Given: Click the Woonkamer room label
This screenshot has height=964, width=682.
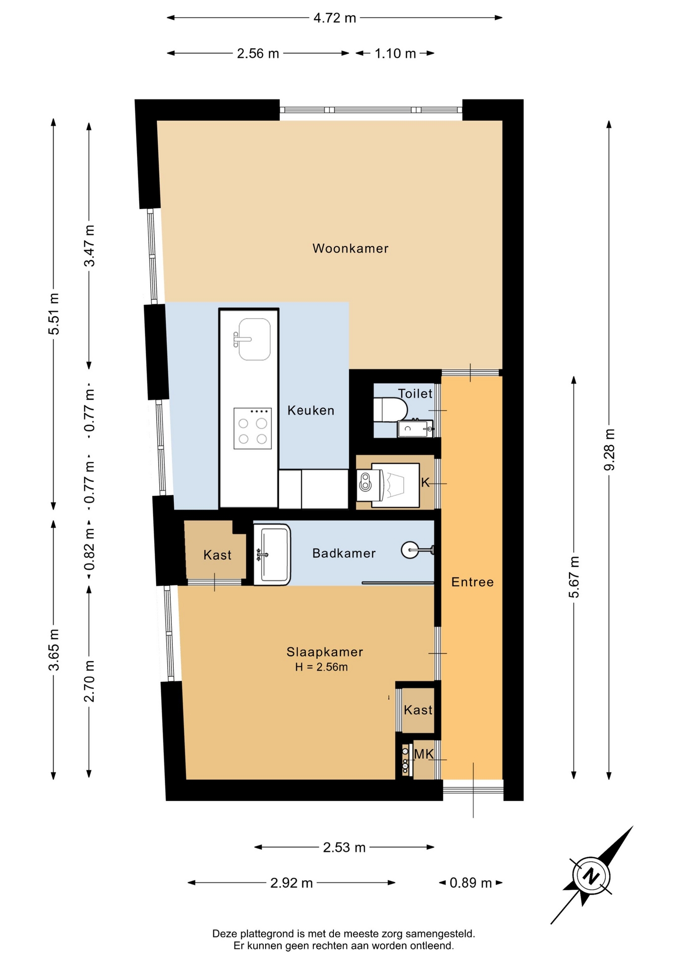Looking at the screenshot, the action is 351,249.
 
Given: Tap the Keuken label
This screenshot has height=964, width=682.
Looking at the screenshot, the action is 311,411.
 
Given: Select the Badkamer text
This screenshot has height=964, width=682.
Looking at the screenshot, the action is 344,553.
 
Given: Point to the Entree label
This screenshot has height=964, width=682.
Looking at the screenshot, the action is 473,582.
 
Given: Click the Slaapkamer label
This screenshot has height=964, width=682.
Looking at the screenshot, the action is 325,652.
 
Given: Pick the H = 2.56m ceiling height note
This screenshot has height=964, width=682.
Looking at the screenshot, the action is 321,667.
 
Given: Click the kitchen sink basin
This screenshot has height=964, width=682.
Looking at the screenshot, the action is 254,339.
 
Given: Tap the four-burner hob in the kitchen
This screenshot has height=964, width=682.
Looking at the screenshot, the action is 253,428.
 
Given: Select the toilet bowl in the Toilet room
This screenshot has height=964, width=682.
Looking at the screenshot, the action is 390,410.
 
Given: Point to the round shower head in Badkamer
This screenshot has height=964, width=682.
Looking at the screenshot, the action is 410,550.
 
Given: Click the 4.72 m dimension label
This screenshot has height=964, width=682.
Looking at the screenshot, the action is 334,18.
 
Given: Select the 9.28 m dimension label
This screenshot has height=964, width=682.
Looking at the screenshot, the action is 609,449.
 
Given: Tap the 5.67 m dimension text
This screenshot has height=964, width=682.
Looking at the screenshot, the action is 574,577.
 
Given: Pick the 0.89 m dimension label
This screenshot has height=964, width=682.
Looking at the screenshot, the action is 471,883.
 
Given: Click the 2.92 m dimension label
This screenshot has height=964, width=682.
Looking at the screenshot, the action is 291,883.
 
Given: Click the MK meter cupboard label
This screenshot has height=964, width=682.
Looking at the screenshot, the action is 424,754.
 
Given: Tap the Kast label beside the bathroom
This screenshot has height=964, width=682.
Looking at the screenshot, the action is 217,555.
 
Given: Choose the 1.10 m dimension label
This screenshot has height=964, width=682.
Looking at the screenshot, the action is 395,54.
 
